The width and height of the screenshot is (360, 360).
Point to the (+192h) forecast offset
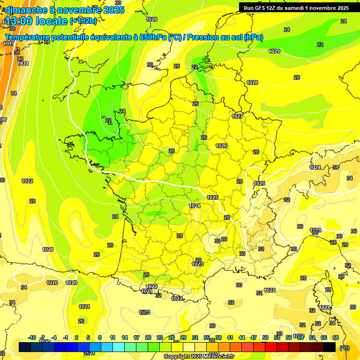coord(83,21)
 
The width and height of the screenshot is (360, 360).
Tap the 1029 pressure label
coord(274,51)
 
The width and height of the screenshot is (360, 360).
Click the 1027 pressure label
coord(237,116)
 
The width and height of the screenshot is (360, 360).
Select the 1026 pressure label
coord(221,146)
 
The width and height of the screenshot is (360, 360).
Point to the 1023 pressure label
coord(197,264)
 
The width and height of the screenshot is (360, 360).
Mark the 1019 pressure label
coord(9,44)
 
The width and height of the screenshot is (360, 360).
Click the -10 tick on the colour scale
coord(32,337)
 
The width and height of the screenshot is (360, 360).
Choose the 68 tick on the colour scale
coord(336,337)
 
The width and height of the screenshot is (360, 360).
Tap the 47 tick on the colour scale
coord(254,337)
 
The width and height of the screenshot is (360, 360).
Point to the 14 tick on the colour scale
coord(125,337)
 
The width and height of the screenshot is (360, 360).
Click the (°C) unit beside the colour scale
coord(344,347)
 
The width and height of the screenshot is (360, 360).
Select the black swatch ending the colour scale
coord(330,347)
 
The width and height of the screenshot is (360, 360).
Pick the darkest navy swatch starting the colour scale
coord(25,347)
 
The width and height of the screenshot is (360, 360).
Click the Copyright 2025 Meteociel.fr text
coord(198,356)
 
